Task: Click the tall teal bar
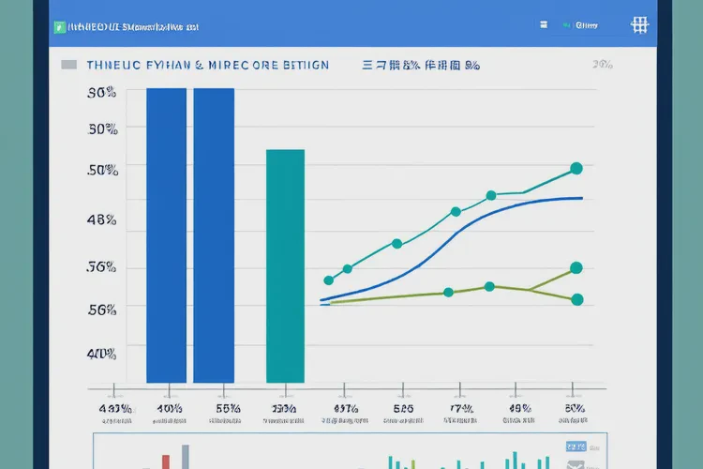coord(286,266)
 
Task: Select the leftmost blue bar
coord(166,234)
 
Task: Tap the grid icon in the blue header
coord(640,25)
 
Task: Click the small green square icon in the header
coord(58,27)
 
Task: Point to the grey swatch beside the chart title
coord(68,66)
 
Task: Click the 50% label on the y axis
coord(101,170)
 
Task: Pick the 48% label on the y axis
coord(101,220)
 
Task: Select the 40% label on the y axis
coord(101,354)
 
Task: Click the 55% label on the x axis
coord(228,409)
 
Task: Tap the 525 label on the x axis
coord(403,409)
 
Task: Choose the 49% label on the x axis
coord(519,409)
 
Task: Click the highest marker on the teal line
coord(576,169)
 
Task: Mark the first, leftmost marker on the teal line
coord(329,280)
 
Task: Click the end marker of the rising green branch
coord(576,268)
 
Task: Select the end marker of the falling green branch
coord(576,300)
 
